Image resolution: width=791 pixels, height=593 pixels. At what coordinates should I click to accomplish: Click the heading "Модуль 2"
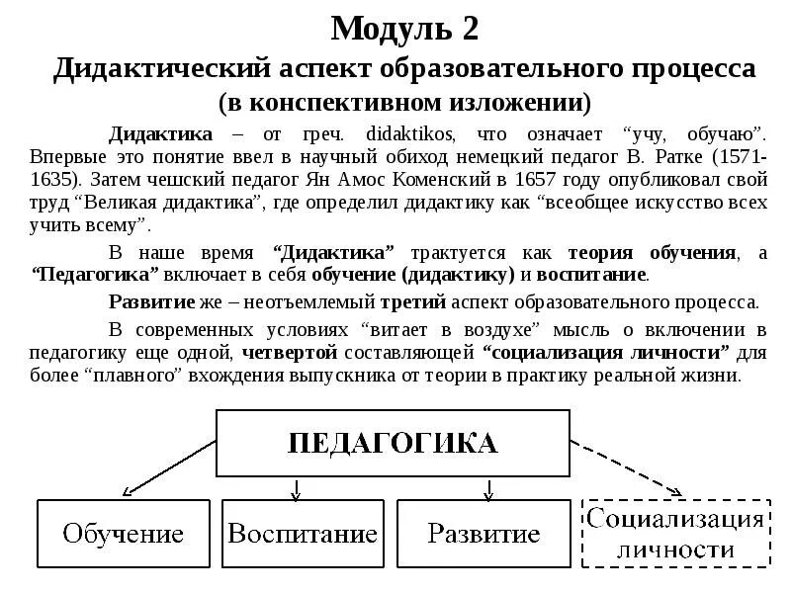[404, 29]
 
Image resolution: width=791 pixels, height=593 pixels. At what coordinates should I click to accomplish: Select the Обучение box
[124, 534]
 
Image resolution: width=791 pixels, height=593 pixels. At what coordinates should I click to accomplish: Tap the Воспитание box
[303, 534]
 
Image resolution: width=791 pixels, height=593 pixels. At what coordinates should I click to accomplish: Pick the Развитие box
[483, 534]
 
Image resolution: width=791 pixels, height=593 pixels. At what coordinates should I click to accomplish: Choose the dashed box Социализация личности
[675, 534]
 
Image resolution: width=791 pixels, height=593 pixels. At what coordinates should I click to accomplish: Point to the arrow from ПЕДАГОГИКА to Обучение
[168, 467]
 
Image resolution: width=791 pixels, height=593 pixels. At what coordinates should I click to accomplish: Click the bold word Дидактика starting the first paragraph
[160, 132]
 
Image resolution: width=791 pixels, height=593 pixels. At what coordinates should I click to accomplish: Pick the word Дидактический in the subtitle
[162, 70]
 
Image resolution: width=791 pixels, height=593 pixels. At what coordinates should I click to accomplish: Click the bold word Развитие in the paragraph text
[150, 302]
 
